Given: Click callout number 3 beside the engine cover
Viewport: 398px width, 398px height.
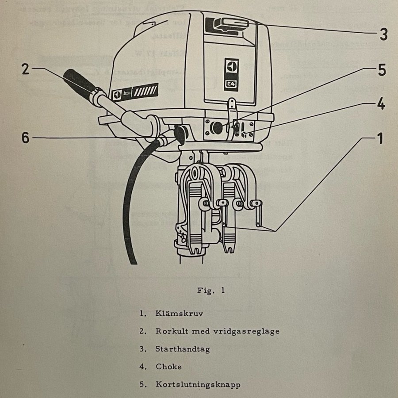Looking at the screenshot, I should (x=383, y=34).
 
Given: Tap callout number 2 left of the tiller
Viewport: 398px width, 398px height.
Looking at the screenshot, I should (x=25, y=69).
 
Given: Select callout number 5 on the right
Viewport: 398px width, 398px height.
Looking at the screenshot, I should (x=382, y=70).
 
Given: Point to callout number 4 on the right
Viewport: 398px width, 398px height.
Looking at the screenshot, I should (x=381, y=105).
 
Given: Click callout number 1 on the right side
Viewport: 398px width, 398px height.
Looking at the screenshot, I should (x=379, y=139).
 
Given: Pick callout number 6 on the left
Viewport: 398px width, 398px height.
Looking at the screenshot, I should (x=25, y=138).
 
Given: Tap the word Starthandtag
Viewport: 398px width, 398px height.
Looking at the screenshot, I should (x=182, y=349).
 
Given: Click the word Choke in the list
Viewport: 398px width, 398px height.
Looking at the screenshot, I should (x=168, y=367).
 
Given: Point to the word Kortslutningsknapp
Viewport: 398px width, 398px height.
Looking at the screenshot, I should (x=198, y=384).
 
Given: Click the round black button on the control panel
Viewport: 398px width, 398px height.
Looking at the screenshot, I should (x=216, y=128).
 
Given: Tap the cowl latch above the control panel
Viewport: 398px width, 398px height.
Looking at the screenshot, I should (x=230, y=107).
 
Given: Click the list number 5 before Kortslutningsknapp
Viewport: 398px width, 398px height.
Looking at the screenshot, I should (x=142, y=384).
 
